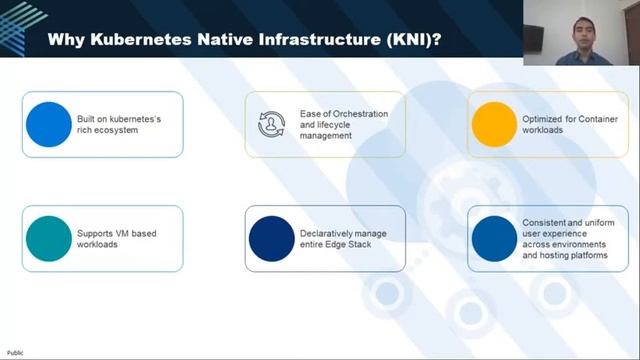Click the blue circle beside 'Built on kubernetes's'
(x=48, y=125)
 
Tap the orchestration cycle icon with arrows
(x=271, y=125)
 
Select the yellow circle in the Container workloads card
(x=492, y=125)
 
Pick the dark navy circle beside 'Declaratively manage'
(x=271, y=239)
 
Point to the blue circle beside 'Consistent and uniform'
(x=492, y=239)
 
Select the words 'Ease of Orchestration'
(x=343, y=113)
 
